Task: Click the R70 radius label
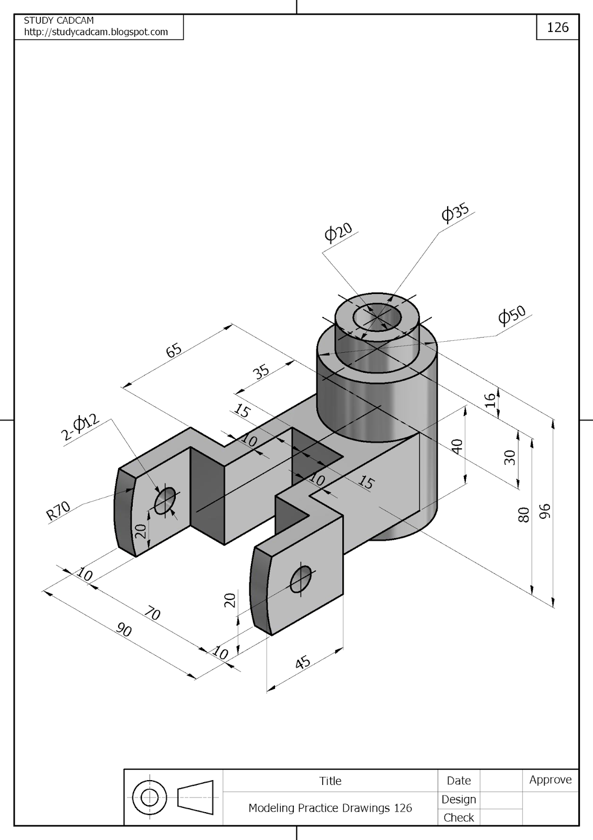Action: [58, 511]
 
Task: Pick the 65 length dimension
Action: [174, 350]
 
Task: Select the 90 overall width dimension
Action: [124, 629]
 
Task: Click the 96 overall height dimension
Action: [545, 511]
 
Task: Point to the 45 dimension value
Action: [303, 663]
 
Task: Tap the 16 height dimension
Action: [490, 400]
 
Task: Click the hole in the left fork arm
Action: [165, 500]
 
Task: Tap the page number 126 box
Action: [557, 27]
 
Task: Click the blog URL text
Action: [96, 32]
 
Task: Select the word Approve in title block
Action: [550, 780]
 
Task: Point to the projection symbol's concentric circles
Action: [150, 798]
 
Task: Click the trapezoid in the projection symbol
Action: [195, 797]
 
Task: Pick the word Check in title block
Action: [458, 817]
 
